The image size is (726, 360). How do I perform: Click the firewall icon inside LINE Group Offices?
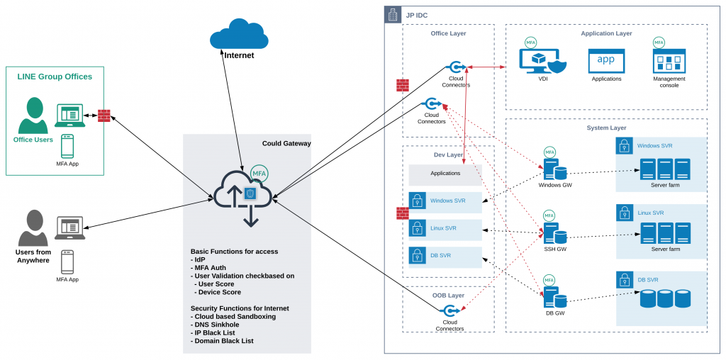tap(104, 116)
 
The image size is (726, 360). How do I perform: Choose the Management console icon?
tap(669, 61)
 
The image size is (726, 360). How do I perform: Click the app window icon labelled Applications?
tap(606, 61)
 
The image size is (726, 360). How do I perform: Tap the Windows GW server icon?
tap(554, 170)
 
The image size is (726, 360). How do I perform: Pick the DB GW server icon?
tap(554, 298)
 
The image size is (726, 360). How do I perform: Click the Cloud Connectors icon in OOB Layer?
tap(449, 310)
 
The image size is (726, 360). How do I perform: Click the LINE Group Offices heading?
tap(55, 77)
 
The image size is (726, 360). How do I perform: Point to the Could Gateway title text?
tap(286, 143)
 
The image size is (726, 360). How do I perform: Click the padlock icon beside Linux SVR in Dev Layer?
tap(417, 227)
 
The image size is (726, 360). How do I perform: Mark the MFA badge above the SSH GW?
tap(549, 215)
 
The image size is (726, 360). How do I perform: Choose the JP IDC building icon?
tap(393, 15)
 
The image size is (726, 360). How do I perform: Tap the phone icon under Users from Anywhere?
tap(67, 262)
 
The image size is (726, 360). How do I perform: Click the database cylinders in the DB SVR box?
tap(665, 298)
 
